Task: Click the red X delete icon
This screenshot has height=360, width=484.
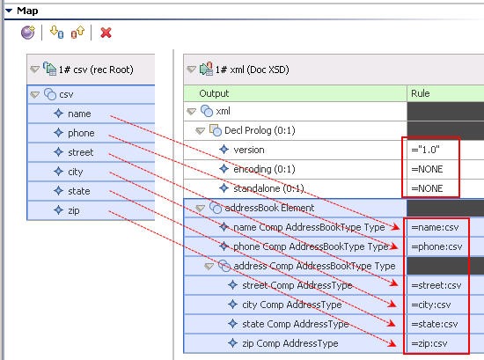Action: (106, 33)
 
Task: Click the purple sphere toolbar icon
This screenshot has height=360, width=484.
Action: (28, 33)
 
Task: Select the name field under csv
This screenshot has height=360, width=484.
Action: (79, 114)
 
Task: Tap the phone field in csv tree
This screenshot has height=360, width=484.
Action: (81, 133)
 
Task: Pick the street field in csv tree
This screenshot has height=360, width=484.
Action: (80, 152)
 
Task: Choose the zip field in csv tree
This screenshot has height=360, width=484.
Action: (73, 210)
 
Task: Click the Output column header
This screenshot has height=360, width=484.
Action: (214, 93)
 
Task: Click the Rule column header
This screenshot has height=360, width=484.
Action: (420, 93)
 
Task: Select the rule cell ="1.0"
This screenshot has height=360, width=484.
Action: (425, 150)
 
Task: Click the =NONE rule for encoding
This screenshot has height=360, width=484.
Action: (427, 169)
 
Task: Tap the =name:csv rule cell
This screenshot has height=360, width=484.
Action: (435, 228)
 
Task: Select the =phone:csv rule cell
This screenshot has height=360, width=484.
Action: (436, 246)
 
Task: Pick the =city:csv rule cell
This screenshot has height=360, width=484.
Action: (431, 305)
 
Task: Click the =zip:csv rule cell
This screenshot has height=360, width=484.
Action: (429, 343)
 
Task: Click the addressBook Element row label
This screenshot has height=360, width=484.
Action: (269, 208)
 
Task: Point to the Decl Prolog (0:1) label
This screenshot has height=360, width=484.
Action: (260, 130)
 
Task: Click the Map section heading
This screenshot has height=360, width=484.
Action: (27, 11)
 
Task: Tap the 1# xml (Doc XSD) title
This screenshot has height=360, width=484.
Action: (252, 70)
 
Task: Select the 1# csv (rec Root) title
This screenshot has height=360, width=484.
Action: (96, 70)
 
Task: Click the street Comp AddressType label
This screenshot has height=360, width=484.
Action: (297, 285)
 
